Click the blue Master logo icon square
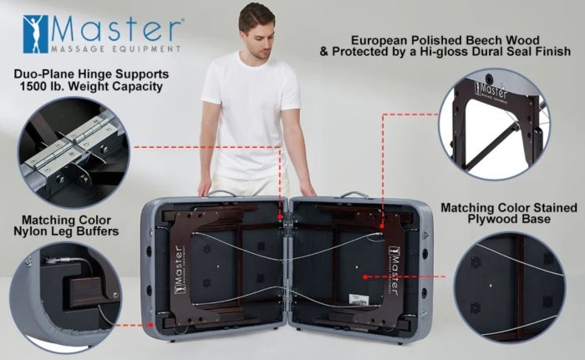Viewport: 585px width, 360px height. tap(35, 34)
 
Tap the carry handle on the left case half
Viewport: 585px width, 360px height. tap(222, 193)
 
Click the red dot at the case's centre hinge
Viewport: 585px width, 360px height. tap(280, 216)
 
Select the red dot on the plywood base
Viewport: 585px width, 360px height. tap(365, 276)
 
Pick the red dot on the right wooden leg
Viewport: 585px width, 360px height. tap(382, 226)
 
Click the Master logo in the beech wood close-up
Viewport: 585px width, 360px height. tap(491, 91)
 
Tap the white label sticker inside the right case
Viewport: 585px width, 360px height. tap(359, 299)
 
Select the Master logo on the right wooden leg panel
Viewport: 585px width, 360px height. tap(394, 271)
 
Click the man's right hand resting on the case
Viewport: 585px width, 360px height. tap(204, 189)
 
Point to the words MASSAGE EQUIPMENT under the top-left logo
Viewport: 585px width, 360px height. tap(115, 49)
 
